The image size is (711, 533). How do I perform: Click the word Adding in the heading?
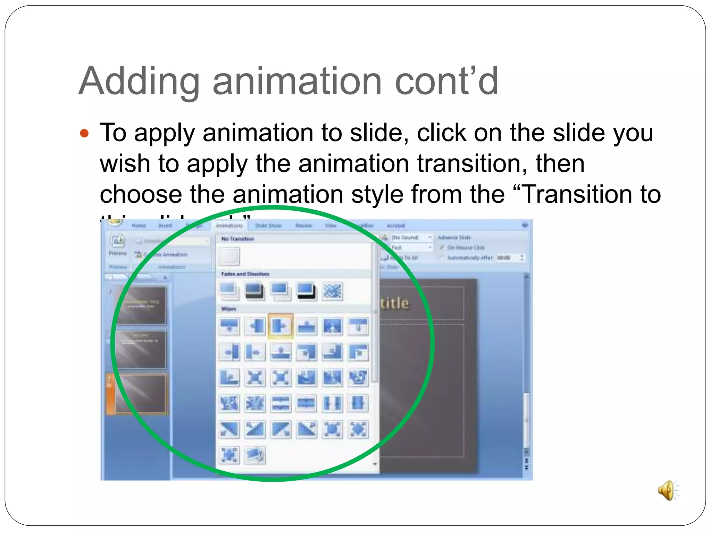(139, 82)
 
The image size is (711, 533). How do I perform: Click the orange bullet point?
(84, 133)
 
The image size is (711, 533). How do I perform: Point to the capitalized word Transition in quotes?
(577, 194)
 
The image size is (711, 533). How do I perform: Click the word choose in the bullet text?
(141, 194)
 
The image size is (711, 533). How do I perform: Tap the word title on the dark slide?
(394, 303)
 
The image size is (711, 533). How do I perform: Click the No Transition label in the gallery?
(238, 239)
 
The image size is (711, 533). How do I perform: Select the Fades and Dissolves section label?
(245, 274)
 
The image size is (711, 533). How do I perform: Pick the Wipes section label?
(229, 308)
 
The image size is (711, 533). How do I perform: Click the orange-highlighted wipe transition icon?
(281, 326)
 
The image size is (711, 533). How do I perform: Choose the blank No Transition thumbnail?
(229, 256)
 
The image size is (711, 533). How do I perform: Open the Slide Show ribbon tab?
(268, 226)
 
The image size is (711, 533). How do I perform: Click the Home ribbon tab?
(139, 226)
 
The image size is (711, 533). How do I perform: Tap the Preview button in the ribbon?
(118, 244)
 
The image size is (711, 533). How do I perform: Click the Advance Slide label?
(454, 237)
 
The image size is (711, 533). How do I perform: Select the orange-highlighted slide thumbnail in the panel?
(140, 394)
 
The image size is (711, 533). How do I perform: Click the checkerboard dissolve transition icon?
(332, 291)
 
